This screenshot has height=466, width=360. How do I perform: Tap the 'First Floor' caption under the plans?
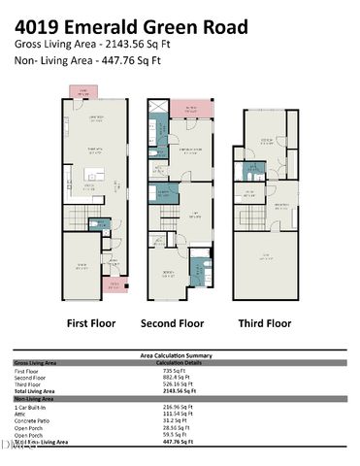click(92, 322)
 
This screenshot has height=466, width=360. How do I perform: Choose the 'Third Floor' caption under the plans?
click(263, 322)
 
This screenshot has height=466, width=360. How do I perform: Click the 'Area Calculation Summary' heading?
click(180, 355)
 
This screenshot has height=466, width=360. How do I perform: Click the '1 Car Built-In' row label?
click(34, 405)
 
